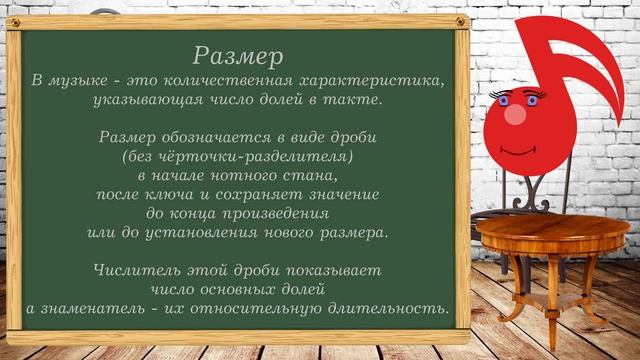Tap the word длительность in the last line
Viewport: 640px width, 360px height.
coord(379,309)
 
